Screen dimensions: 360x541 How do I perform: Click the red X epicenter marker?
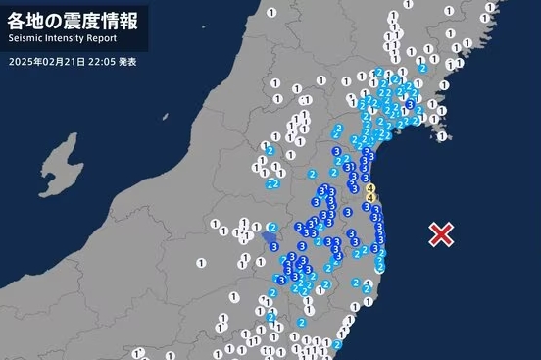[442, 233]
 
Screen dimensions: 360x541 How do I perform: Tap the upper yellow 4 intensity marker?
[369, 187]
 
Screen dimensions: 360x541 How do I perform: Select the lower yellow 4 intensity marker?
[369, 198]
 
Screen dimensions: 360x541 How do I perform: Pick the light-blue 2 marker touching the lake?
[271, 227]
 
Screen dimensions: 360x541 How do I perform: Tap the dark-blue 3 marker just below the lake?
[273, 247]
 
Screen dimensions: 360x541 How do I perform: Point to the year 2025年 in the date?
[23, 61]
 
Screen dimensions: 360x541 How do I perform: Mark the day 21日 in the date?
[67, 61]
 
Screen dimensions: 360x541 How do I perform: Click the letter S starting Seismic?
[10, 38]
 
